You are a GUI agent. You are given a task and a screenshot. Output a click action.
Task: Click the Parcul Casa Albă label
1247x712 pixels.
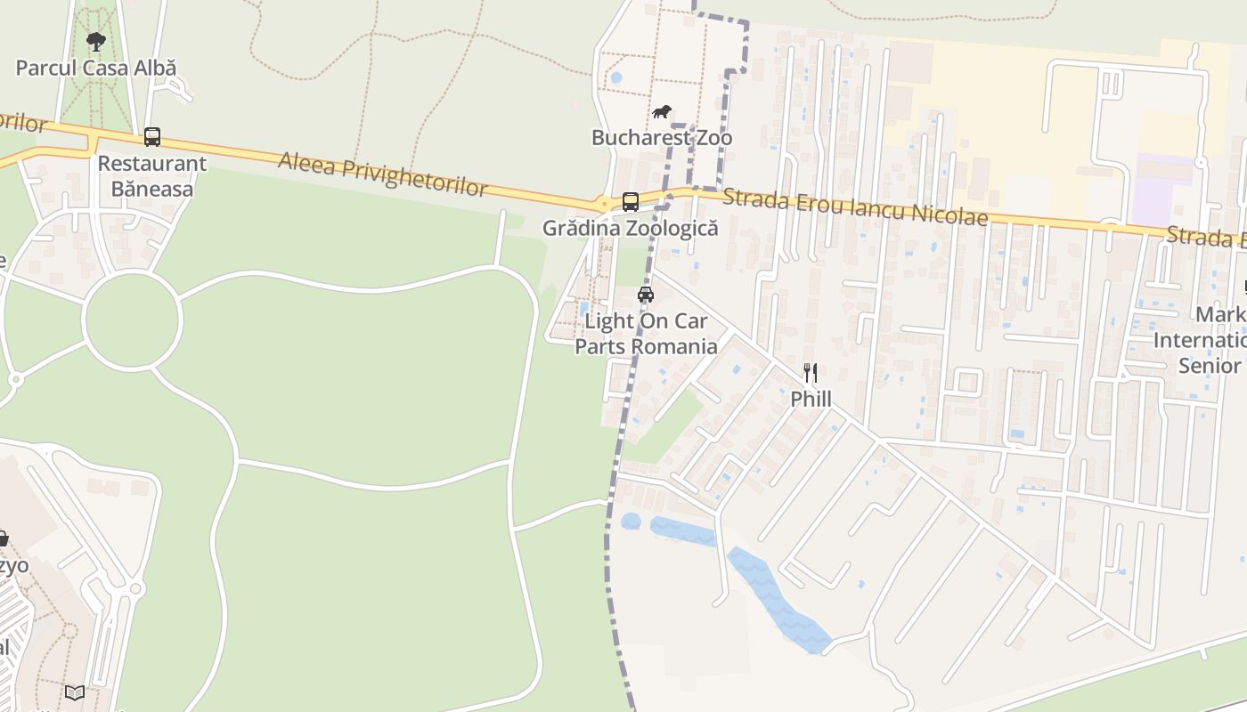pos(96,68)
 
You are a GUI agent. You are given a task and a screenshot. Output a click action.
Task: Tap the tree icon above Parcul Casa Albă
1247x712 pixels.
pos(95,41)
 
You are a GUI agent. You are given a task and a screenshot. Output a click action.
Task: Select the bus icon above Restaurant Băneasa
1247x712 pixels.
pos(152,137)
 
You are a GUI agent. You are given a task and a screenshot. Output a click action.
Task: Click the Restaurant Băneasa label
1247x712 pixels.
pos(151,176)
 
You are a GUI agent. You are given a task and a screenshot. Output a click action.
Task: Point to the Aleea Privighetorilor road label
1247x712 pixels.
pos(383,174)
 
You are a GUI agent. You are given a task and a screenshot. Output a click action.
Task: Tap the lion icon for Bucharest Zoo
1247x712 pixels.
pos(661,112)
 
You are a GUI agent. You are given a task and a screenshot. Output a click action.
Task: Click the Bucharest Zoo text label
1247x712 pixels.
pos(662,138)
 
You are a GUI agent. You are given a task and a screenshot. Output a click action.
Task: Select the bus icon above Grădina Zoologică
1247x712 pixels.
pos(631,202)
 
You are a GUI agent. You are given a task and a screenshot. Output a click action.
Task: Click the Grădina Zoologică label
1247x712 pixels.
pos(630,228)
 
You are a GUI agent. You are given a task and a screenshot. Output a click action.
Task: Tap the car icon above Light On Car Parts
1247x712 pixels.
pos(646,295)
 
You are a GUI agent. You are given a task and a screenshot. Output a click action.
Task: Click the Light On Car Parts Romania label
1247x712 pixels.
pos(646,334)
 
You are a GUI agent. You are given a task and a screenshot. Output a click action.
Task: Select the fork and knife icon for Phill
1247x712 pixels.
pos(811,373)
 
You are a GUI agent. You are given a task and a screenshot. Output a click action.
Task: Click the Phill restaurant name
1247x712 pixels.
pos(811,399)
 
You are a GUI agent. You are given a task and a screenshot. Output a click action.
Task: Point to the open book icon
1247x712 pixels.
pos(75,692)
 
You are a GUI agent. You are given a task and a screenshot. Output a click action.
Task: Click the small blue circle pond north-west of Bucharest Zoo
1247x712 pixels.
pos(615,78)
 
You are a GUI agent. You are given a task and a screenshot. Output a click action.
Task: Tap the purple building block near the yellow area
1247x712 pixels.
pos(1162,191)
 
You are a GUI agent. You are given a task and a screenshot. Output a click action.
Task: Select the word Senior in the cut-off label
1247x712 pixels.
pos(1209,366)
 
